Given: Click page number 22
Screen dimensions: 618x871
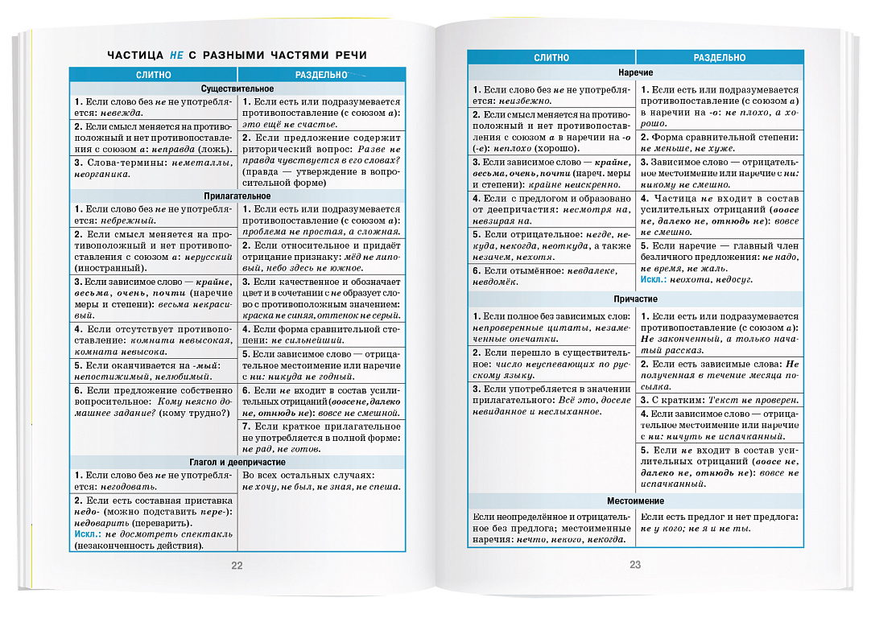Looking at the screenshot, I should coord(237,565).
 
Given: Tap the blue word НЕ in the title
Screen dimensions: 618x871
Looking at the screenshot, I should coord(177,55).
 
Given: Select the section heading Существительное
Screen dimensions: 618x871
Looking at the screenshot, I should coord(237,88).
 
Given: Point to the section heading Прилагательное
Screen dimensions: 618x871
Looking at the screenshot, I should coord(237,196).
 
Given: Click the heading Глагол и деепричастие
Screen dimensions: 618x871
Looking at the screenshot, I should coord(237,463).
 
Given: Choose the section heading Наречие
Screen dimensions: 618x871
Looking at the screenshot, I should coord(635,72).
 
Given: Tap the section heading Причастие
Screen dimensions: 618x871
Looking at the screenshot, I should coord(635,298).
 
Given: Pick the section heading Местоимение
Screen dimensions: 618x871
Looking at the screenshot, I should coord(635,500).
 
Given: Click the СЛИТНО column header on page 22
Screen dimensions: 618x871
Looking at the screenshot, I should coord(154,74).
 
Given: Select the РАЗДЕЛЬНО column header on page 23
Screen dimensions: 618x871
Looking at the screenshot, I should coord(719,58).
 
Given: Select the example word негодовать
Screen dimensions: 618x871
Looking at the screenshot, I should coord(128,487).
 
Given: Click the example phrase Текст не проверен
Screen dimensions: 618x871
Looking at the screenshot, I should coord(752,400).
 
